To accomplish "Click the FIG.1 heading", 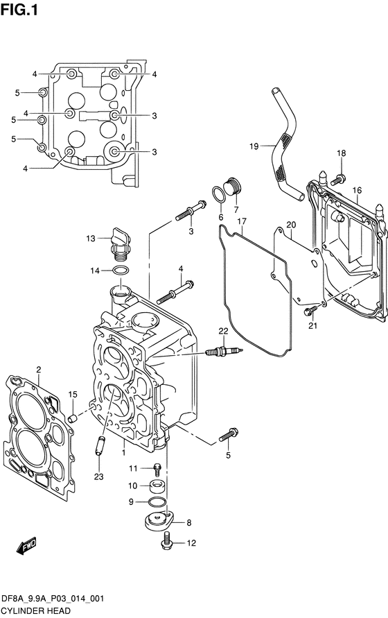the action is (x=19, y=10).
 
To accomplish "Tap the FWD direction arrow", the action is (x=26, y=546).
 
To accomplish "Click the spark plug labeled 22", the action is (x=224, y=350).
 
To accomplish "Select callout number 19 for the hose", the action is (x=254, y=146).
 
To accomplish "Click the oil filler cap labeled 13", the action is (x=120, y=243).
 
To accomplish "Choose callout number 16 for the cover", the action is (x=357, y=190).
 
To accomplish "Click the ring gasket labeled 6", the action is (x=218, y=194).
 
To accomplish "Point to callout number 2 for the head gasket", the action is (x=39, y=369).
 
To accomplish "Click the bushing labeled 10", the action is (x=157, y=486).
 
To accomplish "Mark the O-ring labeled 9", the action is (x=157, y=502).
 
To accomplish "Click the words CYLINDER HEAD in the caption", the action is (x=36, y=611).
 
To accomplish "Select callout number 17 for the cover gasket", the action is (x=242, y=221).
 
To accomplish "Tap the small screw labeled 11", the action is (x=157, y=469).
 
